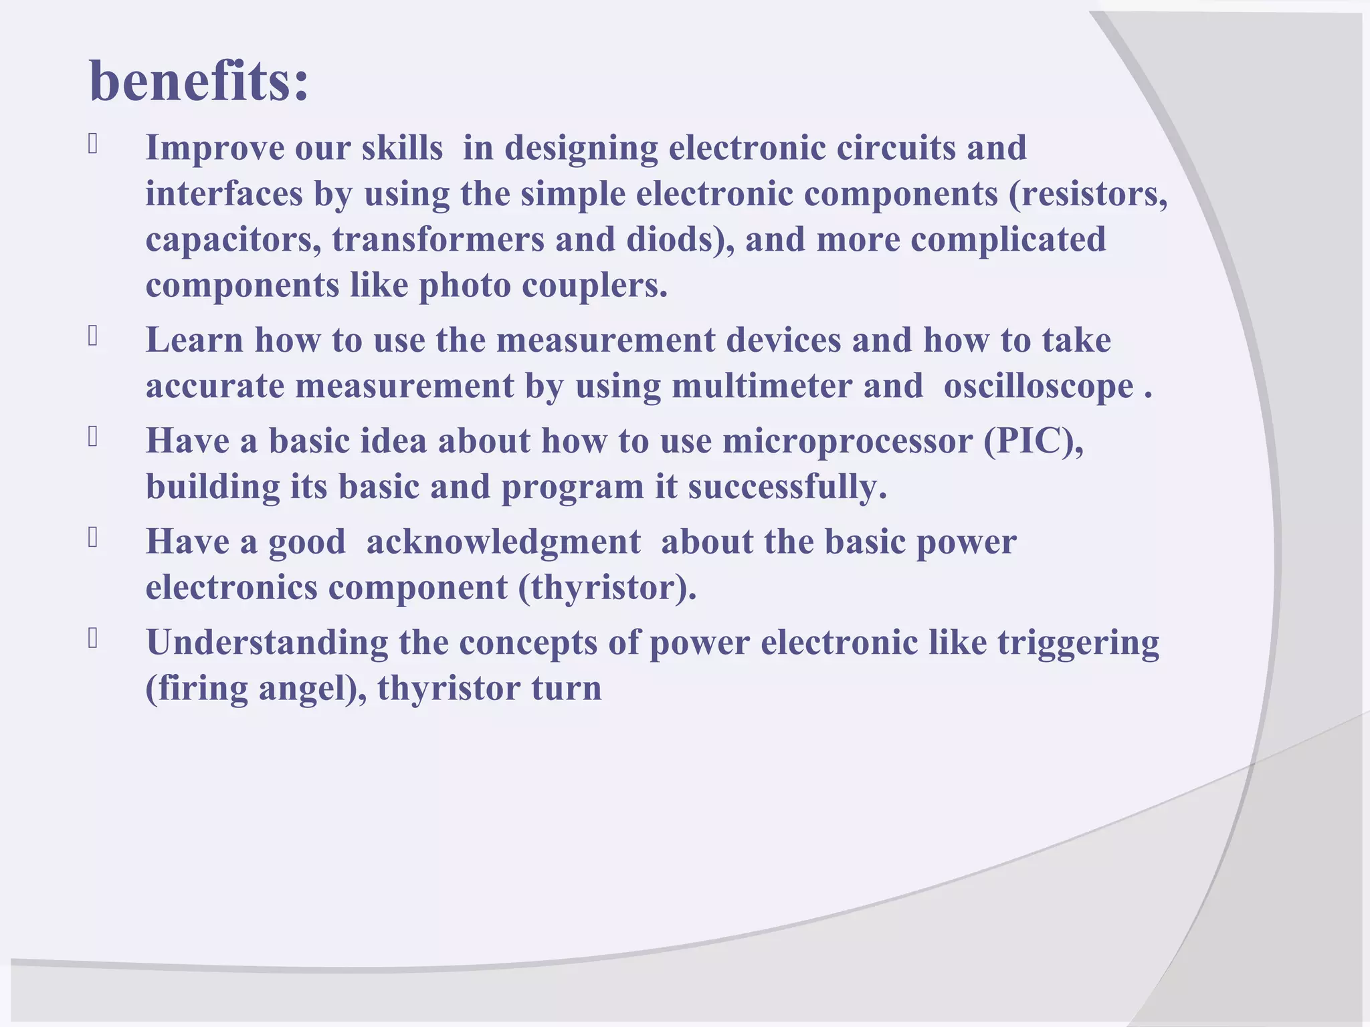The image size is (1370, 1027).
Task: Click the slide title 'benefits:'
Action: tap(199, 82)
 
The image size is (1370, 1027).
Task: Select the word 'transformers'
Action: tap(437, 239)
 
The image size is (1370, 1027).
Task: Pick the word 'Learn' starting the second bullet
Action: tap(194, 340)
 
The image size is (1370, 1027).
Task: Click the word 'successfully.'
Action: tap(787, 487)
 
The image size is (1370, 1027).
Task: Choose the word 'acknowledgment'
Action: tap(503, 542)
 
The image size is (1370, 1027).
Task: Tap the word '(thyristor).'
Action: tap(607, 588)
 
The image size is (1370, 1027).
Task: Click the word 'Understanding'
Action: tap(267, 643)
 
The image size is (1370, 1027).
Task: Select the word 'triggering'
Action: tap(1078, 643)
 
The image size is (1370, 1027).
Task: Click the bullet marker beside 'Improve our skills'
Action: tap(93, 144)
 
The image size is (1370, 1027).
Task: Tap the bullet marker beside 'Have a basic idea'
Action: tap(93, 437)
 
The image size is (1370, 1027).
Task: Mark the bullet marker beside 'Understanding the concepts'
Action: tap(93, 639)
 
